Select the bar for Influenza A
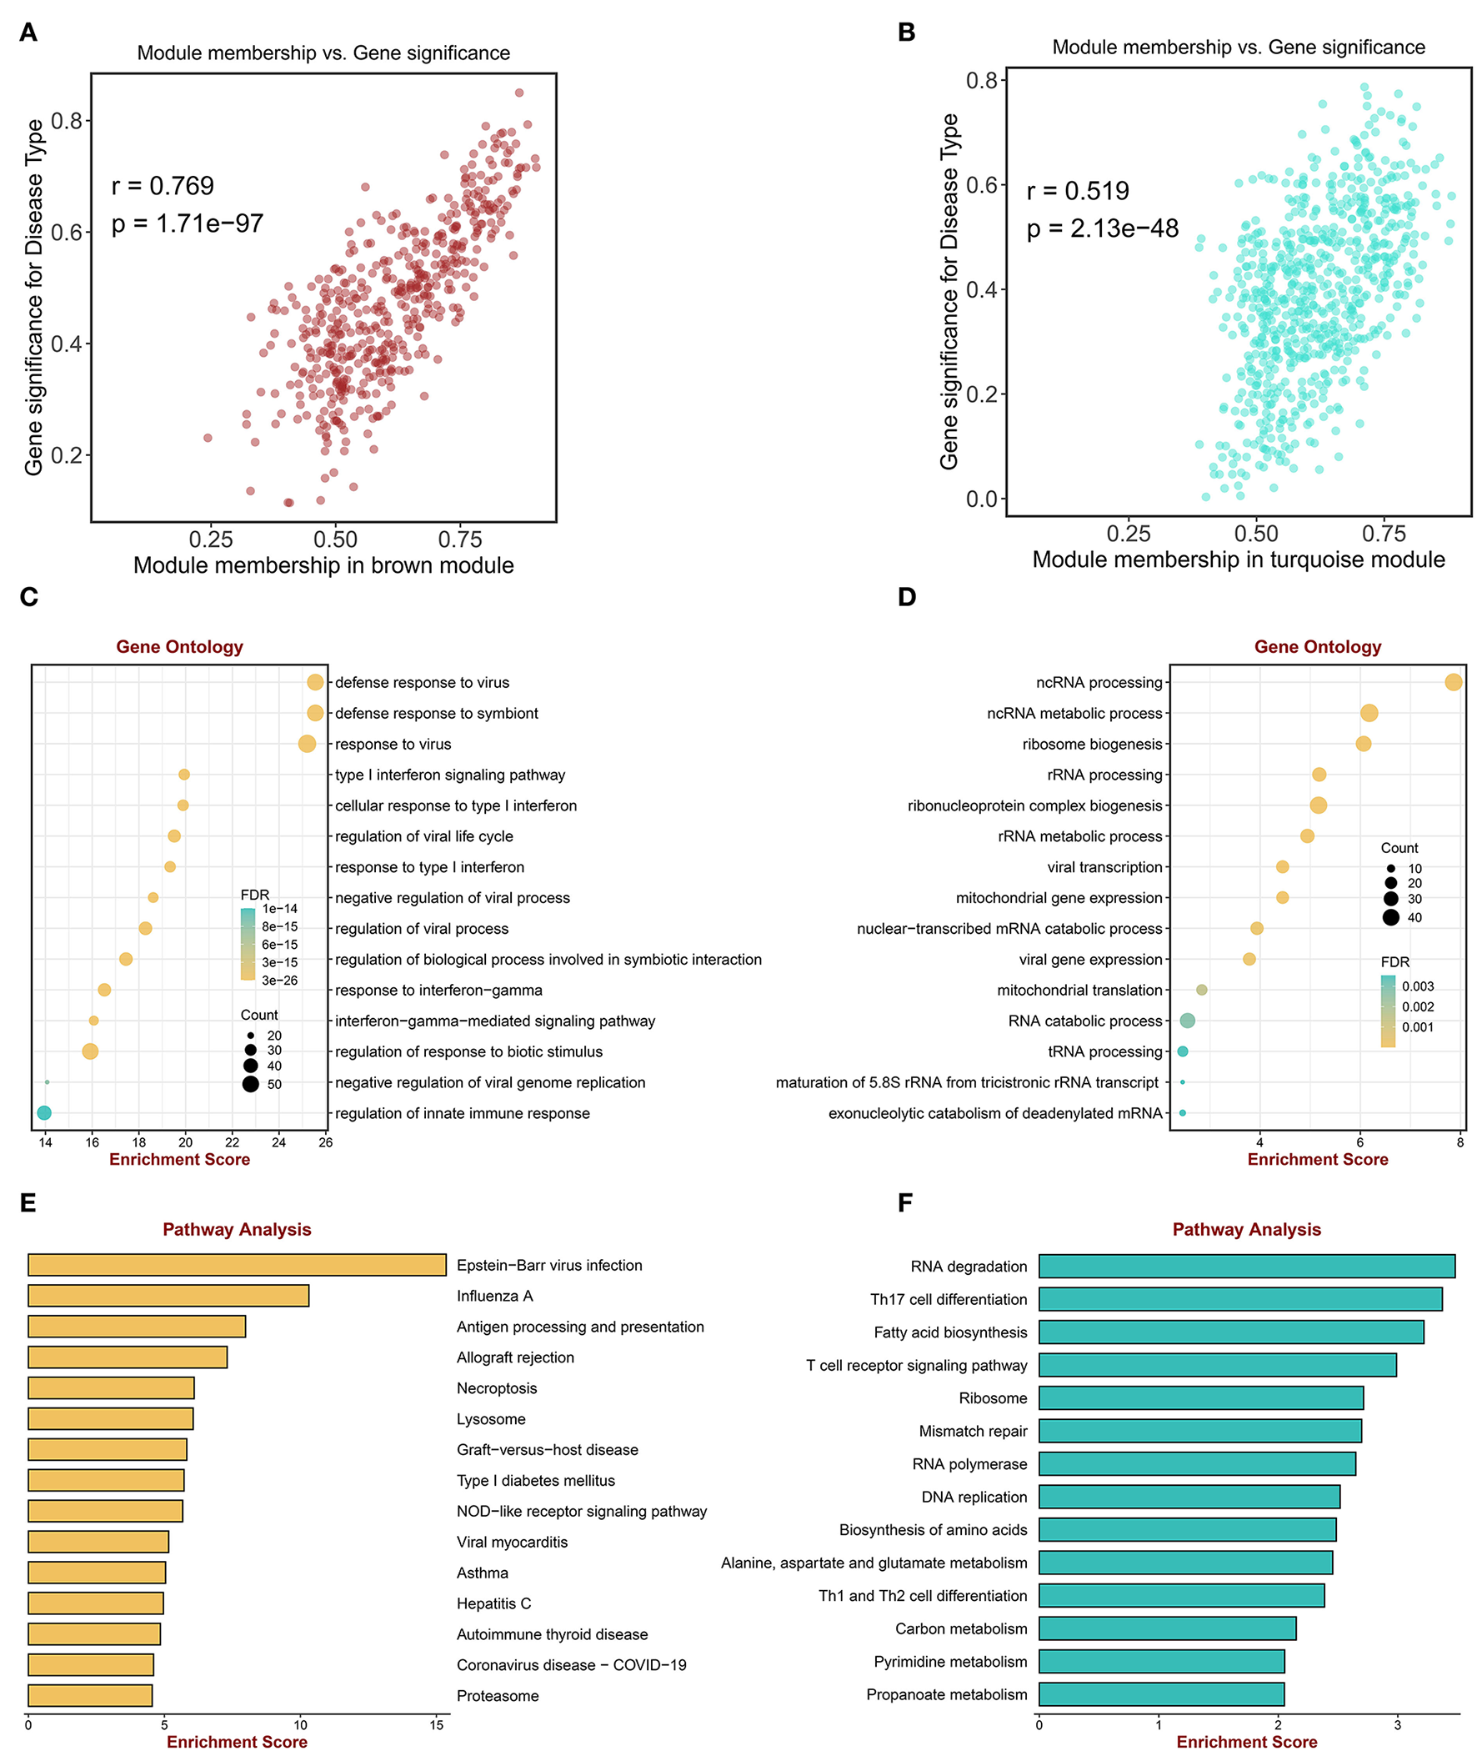[x=168, y=1296]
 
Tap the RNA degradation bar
[x=1247, y=1267]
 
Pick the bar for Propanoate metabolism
[x=1161, y=1694]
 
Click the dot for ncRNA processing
[x=1454, y=683]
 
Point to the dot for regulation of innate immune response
[x=44, y=1113]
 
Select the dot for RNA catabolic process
[x=1187, y=1021]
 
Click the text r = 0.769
[x=163, y=186]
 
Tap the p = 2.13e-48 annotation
[x=1102, y=228]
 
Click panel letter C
[x=28, y=597]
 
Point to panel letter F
[x=905, y=1203]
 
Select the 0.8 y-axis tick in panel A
[x=67, y=122]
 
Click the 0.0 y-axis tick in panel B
[x=981, y=499]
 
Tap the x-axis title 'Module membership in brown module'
[x=323, y=565]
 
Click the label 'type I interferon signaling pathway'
[x=449, y=775]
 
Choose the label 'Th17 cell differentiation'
[x=948, y=1300]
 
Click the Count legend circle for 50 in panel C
[x=250, y=1085]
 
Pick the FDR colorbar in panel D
[x=1389, y=1011]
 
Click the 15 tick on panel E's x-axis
[x=436, y=1725]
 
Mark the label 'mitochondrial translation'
[x=1079, y=990]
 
